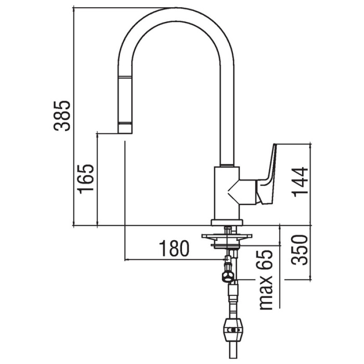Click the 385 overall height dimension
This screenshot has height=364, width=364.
click(x=62, y=116)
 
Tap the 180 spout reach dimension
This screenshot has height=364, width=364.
click(x=174, y=248)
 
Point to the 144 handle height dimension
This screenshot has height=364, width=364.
click(x=300, y=182)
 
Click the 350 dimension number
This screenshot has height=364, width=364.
click(x=299, y=250)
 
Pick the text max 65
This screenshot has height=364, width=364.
click(x=266, y=280)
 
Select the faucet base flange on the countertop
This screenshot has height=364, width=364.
click(x=227, y=222)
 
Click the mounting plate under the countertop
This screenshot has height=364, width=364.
click(x=227, y=236)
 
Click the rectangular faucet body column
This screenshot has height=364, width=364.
click(x=227, y=193)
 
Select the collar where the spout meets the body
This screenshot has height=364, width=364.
click(x=227, y=165)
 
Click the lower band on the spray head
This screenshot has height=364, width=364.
click(x=125, y=123)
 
